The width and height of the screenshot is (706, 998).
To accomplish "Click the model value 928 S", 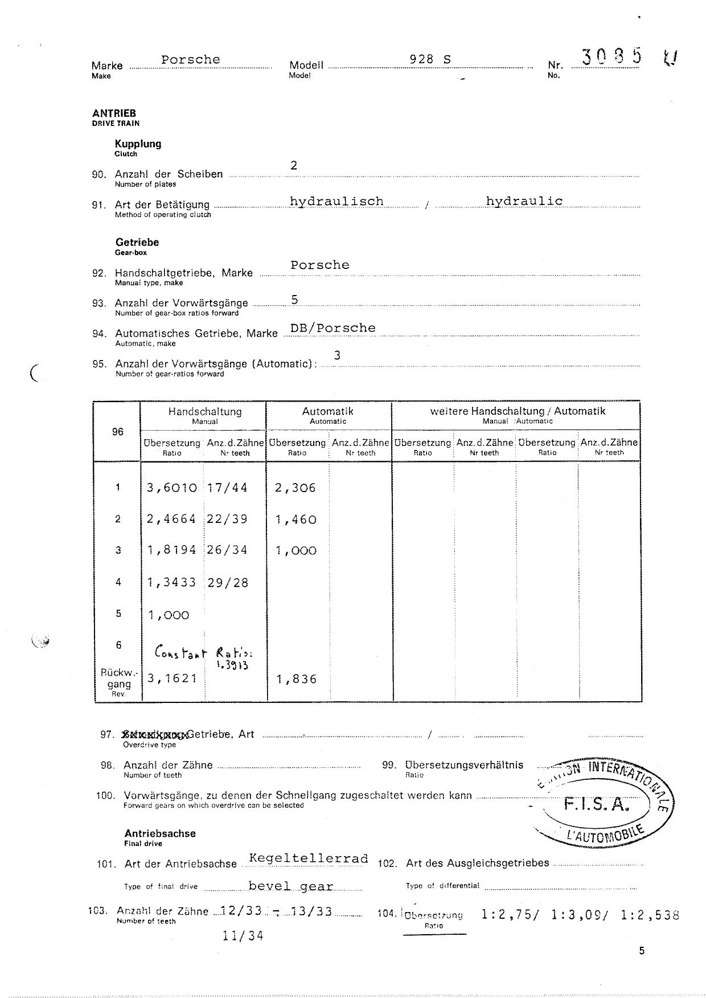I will pos(430,59).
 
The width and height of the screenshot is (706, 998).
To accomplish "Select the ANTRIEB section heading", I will pos(114,113).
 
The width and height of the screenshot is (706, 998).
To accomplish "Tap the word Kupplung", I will pos(138,144).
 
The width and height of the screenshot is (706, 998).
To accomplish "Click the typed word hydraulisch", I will pos(336,201).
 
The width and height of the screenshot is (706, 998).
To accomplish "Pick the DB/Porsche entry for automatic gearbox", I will pos(333,328).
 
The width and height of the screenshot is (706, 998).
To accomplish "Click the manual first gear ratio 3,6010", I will pos(172,488).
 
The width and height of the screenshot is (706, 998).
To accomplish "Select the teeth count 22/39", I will pos(228,519).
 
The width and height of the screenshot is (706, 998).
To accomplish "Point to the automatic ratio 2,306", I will pos(295,488).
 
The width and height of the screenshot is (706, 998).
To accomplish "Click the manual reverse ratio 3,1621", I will pos(172,678).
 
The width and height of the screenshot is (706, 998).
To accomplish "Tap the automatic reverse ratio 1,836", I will pos(296,679).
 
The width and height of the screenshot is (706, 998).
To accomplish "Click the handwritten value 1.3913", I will pos(233,665).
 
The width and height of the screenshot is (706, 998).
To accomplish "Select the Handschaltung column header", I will pos(204,411).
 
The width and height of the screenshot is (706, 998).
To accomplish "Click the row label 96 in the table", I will pos(117,431).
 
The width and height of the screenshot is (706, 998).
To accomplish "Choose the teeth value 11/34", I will pos(244,935).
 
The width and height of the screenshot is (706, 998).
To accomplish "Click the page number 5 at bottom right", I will pos(642,950).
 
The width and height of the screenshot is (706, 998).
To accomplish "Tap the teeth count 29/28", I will pos(228,583).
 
